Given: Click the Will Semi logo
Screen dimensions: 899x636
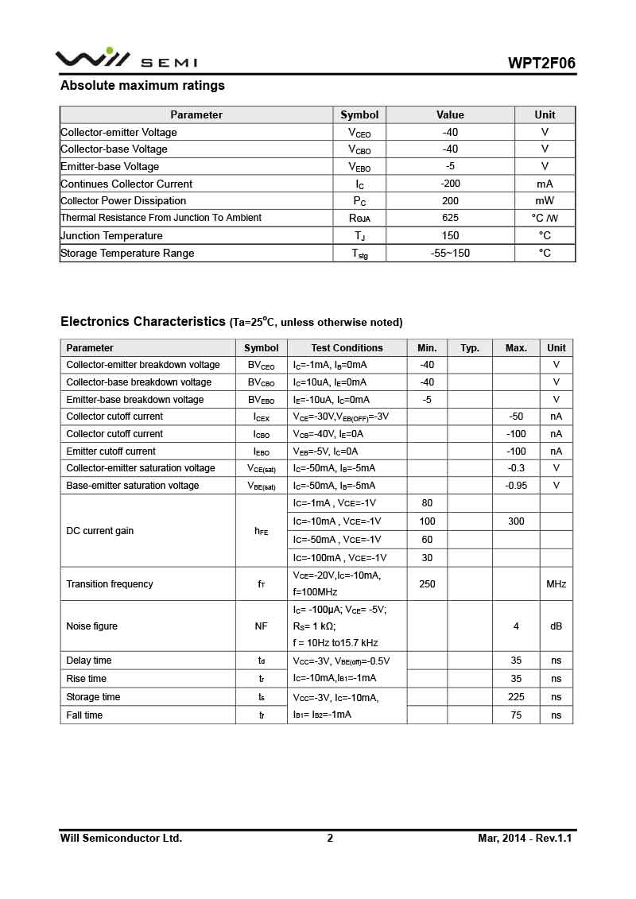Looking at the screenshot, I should pos(126,60).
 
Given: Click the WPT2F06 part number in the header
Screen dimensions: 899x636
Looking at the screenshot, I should pos(542,64).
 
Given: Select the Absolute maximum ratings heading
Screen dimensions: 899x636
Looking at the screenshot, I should pos(142,86).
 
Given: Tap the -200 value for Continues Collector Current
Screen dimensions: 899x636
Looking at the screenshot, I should pos(450,184).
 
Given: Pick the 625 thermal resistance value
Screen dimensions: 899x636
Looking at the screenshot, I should pos(450,218).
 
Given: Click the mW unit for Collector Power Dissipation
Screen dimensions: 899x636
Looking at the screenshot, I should pos(545,201).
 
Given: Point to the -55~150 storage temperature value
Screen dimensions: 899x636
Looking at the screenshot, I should pos(450,254).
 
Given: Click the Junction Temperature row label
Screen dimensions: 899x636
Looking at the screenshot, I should pos(111,236).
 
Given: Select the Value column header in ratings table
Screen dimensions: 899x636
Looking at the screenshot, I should pos(450,115).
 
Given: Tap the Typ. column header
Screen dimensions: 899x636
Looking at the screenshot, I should pos(470,348).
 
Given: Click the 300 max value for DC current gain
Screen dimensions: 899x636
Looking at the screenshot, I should pos(516,521).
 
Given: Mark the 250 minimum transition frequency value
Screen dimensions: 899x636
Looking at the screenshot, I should pos(427,584).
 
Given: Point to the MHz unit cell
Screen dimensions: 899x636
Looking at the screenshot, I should pos(556,584).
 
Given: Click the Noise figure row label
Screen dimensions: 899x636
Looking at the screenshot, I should pos(91,626).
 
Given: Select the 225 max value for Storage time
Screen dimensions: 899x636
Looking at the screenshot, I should pos(516,697).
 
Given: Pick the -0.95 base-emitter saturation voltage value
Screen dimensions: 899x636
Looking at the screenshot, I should pos(516,486).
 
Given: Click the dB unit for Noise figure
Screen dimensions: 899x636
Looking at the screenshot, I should pos(556,626).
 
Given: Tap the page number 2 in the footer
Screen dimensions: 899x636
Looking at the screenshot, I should pos(330,839).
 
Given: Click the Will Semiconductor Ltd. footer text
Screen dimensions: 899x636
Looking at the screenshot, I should pos(121,839).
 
